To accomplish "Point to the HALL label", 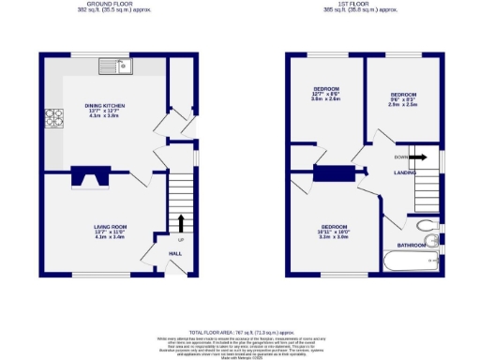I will point(175,253).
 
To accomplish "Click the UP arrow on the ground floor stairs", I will point(180,223).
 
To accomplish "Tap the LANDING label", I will point(405,173).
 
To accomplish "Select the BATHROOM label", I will point(412,246).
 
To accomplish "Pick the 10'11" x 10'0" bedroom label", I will point(335,232).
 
